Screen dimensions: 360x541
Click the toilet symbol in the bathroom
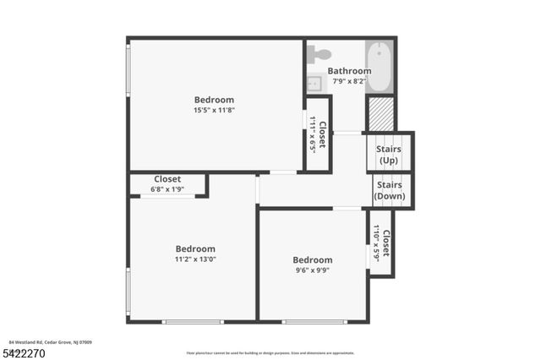tap(319, 54)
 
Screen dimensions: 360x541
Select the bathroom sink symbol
tap(314, 84)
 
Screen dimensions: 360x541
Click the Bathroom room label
tap(349, 71)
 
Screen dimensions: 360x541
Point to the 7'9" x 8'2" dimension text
tap(349, 81)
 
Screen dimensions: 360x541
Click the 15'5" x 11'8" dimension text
tap(214, 110)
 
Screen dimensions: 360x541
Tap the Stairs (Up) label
tap(389, 155)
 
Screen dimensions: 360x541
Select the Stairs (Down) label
tap(389, 190)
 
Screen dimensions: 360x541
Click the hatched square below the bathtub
tap(381, 114)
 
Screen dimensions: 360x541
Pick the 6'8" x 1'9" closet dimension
tap(167, 189)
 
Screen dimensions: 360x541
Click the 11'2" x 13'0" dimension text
tap(195, 259)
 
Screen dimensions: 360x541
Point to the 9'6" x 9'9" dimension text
tap(312, 270)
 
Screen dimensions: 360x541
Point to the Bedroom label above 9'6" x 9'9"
tap(312, 259)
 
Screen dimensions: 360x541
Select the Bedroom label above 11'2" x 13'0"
tap(195, 248)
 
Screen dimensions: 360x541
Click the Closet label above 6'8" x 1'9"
tap(167, 179)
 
